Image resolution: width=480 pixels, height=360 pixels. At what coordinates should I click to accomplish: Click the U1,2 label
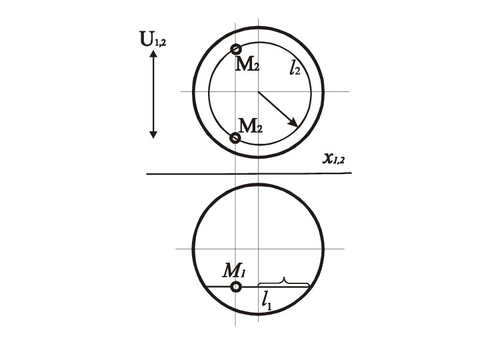153,39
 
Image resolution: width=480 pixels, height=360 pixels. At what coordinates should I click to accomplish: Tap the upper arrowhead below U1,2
153,54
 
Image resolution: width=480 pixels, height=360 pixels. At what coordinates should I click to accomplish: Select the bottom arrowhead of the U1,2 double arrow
153,135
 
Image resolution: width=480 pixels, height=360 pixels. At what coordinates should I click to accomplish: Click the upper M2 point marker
236,49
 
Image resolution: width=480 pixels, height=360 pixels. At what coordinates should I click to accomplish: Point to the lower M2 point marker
235,138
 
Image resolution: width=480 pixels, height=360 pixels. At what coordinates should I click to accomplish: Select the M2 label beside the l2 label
247,65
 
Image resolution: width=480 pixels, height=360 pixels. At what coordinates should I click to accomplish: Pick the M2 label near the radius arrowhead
251,125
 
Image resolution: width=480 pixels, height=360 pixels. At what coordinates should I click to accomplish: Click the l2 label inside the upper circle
295,68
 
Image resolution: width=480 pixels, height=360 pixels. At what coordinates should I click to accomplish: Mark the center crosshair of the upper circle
259,91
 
